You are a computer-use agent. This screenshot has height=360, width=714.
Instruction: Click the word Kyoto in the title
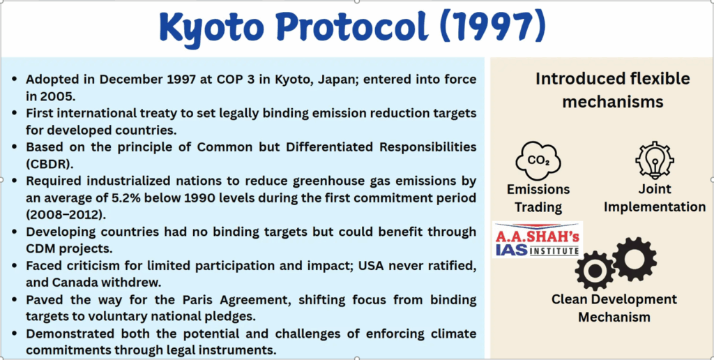click(x=211, y=27)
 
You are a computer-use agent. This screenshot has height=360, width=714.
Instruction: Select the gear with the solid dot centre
click(x=595, y=271)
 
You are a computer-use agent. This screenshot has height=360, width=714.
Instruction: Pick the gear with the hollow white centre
click(x=635, y=259)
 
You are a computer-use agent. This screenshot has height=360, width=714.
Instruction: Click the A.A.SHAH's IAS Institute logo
click(x=538, y=240)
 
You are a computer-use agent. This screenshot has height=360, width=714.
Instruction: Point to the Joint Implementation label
click(x=654, y=197)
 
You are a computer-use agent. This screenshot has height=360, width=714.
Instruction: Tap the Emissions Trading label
click(x=538, y=198)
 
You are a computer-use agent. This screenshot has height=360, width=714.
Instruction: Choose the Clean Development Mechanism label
click(x=614, y=308)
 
